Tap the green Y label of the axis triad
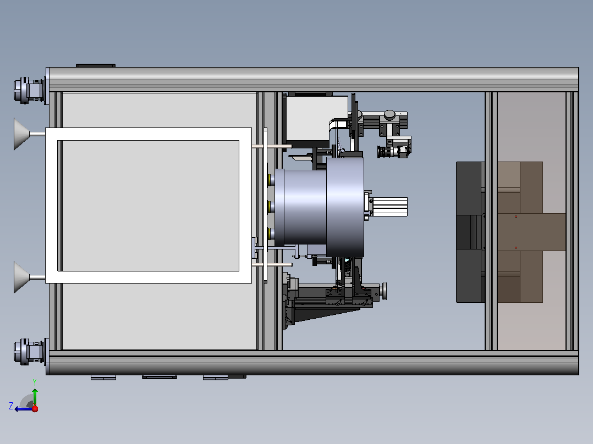coord(35,382)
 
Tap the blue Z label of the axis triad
coord(11,406)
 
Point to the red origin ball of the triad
coord(35,409)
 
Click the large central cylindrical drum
coord(319,207)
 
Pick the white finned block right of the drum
coord(389,207)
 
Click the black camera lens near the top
coord(385,152)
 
